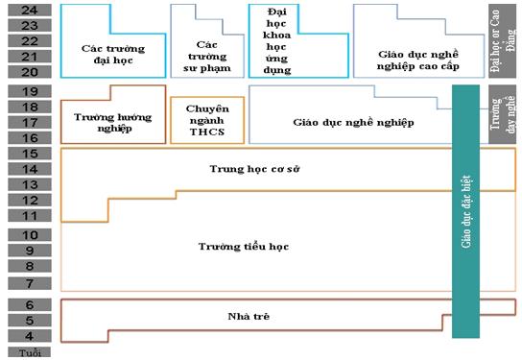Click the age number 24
click(29, 10)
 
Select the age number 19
click(29, 91)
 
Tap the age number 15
click(29, 153)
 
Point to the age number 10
click(29, 235)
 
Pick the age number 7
click(29, 283)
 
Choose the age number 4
click(29, 336)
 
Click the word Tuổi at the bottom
click(29, 352)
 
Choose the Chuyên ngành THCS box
click(206, 120)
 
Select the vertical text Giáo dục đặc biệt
click(465, 211)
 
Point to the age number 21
click(29, 57)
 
